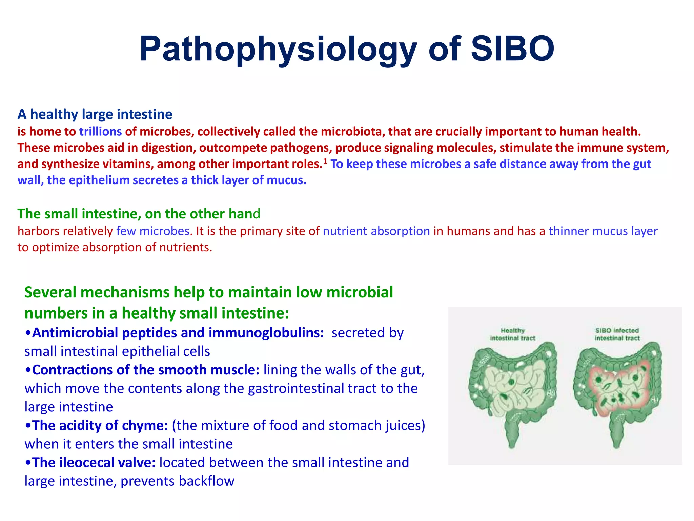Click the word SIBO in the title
pyautogui.click(x=512, y=49)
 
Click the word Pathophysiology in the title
pyautogui.click(x=278, y=49)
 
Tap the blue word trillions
pyautogui.click(x=100, y=131)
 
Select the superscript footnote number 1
pyautogui.click(x=325, y=161)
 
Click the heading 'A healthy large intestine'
pyautogui.click(x=95, y=114)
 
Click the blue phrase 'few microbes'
pyautogui.click(x=153, y=231)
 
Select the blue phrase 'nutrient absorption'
pyautogui.click(x=376, y=231)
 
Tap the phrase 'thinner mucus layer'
pyautogui.click(x=603, y=231)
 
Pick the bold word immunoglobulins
pyautogui.click(x=266, y=333)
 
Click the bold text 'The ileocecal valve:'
pyautogui.click(x=94, y=463)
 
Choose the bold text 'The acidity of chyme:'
pyautogui.click(x=100, y=426)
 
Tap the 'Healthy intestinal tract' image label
pyautogui.click(x=512, y=334)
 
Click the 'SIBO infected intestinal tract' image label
pyautogui.click(x=617, y=334)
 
